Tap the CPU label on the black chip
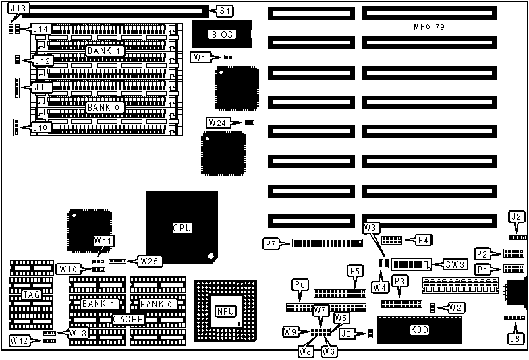click(x=182, y=228)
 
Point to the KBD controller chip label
click(x=420, y=330)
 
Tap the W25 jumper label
click(x=149, y=260)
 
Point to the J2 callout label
click(x=516, y=217)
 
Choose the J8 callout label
click(x=516, y=338)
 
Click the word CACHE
click(x=128, y=319)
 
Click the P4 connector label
click(x=424, y=239)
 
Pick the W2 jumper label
click(x=456, y=308)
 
